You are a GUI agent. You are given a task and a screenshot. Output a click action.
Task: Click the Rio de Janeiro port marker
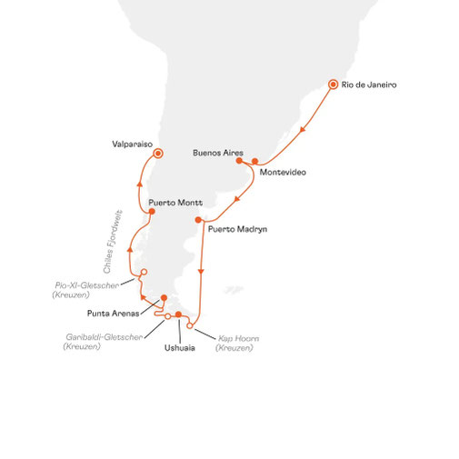333,85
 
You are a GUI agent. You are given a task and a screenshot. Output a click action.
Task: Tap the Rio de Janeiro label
369,85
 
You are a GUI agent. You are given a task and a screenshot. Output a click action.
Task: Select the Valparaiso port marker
158,154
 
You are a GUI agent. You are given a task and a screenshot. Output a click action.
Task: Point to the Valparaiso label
133,145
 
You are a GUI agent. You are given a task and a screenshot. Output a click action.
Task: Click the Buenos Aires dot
239,161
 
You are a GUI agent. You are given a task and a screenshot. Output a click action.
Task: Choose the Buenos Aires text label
218,153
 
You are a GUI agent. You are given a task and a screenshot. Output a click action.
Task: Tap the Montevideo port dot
255,161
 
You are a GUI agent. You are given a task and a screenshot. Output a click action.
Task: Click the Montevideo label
283,173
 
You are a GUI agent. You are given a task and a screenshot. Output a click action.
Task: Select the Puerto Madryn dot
198,220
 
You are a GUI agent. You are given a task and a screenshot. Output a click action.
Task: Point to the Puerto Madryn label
237,229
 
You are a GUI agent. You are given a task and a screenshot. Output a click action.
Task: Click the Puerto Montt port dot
152,212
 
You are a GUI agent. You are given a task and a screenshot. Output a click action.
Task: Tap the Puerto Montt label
175,203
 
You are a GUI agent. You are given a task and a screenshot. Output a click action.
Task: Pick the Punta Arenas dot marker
164,298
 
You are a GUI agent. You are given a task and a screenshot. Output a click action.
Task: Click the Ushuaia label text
180,348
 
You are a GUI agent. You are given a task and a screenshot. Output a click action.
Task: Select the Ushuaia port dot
178,314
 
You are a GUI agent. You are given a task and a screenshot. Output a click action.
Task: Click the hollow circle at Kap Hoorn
189,326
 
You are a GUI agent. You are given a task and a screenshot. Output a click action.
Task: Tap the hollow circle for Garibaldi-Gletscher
167,316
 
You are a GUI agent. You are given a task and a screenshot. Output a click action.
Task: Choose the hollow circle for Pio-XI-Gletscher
145,272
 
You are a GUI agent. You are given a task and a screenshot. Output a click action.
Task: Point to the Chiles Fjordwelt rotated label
113,242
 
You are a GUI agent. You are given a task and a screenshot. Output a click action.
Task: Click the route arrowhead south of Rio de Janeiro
302,130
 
